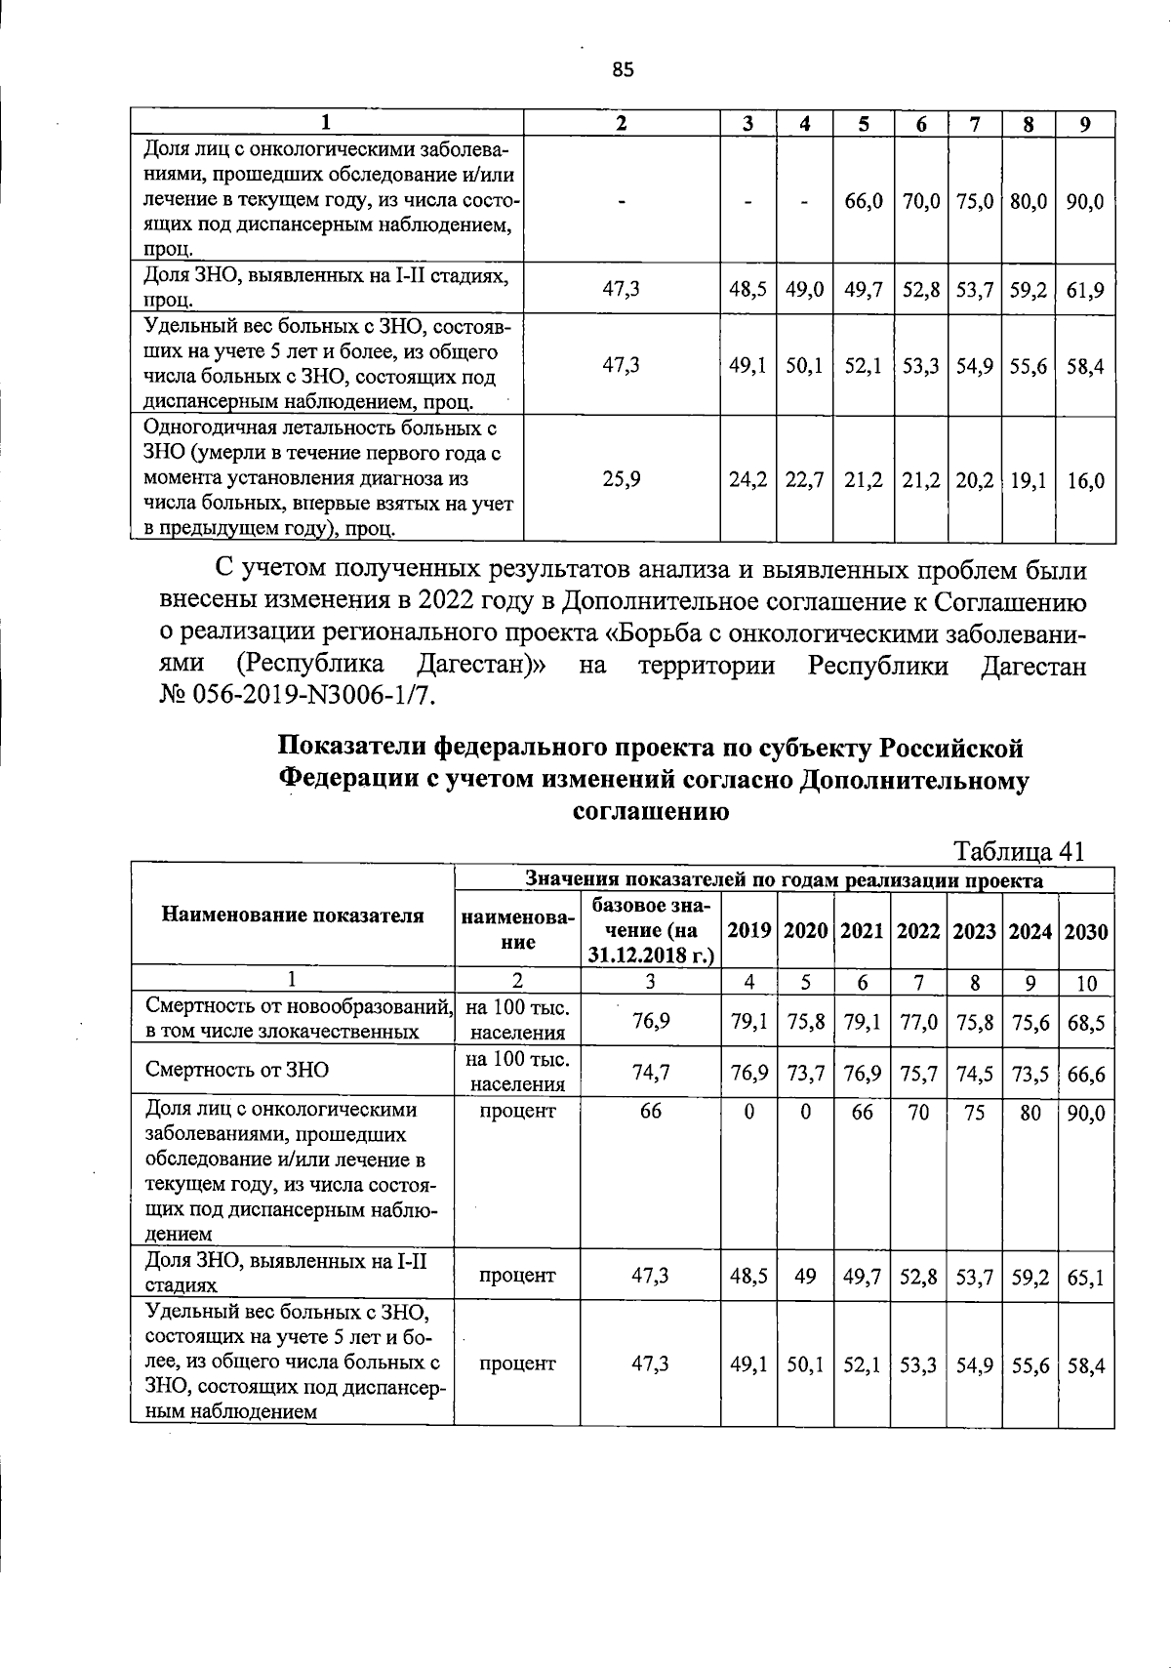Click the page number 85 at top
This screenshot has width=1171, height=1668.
pos(623,69)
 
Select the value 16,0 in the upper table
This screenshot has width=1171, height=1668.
pos(1085,480)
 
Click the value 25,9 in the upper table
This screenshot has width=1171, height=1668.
pos(622,480)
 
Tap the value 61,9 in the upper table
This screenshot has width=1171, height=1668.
pos(1085,290)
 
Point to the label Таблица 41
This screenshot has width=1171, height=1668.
pos(1020,851)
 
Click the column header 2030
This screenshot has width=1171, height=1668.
pos(1086,931)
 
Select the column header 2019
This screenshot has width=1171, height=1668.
pos(748,931)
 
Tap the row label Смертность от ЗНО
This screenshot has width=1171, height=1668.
pos(237,1070)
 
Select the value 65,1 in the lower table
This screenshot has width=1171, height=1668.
pos(1086,1277)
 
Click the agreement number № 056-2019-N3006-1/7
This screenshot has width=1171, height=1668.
pos(294,697)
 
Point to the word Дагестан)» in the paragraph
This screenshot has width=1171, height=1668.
pos(482,666)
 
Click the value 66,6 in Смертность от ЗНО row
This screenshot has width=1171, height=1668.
pos(1086,1072)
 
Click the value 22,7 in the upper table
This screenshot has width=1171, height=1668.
pos(805,480)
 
